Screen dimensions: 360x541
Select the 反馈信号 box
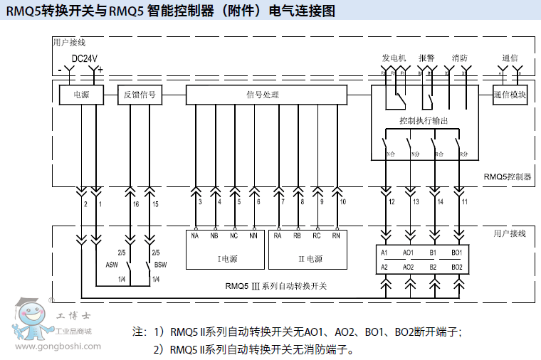(x=140, y=95)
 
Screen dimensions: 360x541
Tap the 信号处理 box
(x=266, y=95)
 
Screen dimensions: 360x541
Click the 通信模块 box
(x=510, y=95)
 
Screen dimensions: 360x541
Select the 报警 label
(x=426, y=58)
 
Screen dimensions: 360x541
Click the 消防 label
(x=459, y=58)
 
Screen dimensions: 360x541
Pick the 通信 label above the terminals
(x=510, y=58)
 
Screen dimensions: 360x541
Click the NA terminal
(x=195, y=235)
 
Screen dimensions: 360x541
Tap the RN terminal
(x=336, y=235)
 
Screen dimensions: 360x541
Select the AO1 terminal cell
(x=408, y=253)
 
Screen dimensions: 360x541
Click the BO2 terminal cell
(x=456, y=267)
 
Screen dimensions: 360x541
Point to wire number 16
(x=135, y=204)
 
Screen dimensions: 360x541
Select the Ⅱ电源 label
(x=310, y=259)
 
